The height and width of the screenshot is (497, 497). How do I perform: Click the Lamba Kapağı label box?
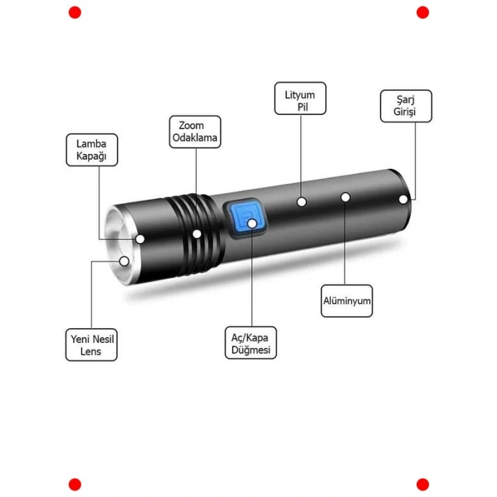click(x=92, y=151)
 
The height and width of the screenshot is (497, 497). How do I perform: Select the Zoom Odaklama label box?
click(x=195, y=132)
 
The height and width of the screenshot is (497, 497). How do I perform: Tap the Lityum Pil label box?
click(x=300, y=99)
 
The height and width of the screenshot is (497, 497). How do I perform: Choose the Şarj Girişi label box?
click(x=405, y=106)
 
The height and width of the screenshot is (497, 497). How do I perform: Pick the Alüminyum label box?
click(x=346, y=301)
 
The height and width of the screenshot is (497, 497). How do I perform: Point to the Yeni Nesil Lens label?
click(x=91, y=345)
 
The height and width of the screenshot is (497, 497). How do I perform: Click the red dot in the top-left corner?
click(x=75, y=12)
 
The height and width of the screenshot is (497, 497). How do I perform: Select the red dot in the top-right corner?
click(x=422, y=12)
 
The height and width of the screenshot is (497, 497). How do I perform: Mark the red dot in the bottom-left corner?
click(x=75, y=484)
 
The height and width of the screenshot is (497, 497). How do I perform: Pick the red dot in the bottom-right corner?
click(x=422, y=484)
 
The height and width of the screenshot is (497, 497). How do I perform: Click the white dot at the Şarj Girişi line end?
click(x=404, y=200)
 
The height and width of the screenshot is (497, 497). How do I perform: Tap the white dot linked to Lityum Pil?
click(x=302, y=202)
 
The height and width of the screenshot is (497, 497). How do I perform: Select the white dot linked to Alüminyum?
click(x=346, y=197)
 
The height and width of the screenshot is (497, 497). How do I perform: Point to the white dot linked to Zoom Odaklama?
click(x=197, y=233)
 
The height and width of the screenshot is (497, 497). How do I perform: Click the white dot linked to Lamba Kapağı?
click(x=141, y=239)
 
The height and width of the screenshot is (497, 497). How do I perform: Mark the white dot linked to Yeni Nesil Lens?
click(x=124, y=261)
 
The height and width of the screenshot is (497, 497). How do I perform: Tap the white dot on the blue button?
click(x=252, y=224)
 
